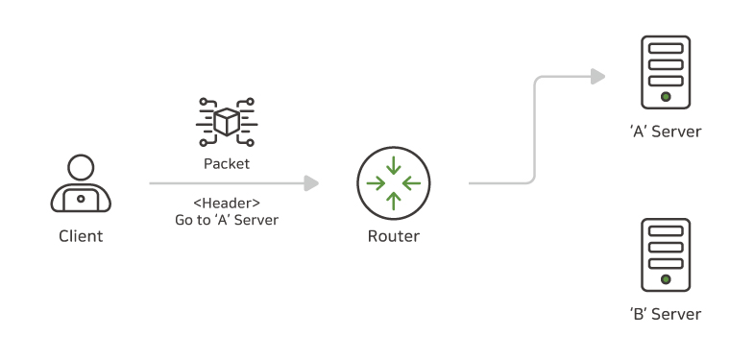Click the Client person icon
81,184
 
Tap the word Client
81,235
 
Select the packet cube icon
226,120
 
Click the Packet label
226,163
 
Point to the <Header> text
226,203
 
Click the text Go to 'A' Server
226,220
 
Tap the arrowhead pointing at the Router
311,182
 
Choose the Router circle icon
394,182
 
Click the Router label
394,236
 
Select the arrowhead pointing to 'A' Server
598,76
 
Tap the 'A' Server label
666,132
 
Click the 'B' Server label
666,314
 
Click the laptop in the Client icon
81,199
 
